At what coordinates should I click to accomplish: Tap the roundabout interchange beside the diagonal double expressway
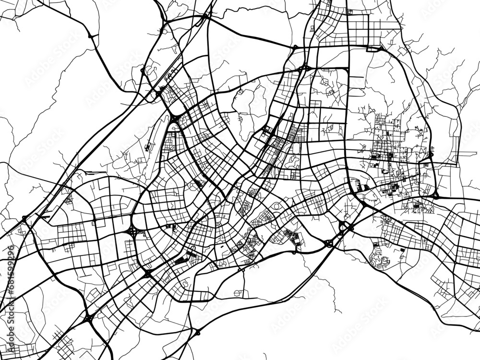[x=328, y=243]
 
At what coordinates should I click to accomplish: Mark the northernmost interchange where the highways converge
[x=205, y=16]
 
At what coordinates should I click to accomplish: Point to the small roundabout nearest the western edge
[x=24, y=218]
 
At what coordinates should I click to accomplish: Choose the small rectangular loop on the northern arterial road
[x=372, y=48]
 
